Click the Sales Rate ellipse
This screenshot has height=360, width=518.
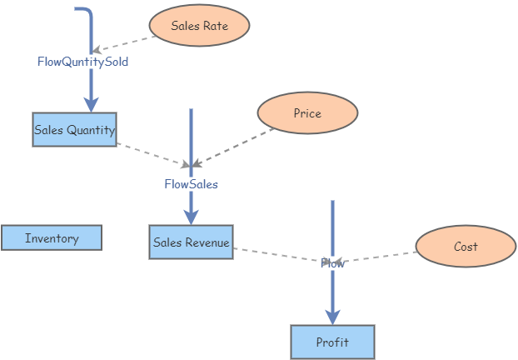[199, 26]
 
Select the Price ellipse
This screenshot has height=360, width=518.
[307, 113]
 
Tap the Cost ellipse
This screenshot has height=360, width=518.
[466, 247]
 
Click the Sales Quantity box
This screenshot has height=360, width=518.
[74, 130]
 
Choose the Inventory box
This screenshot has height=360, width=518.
[52, 238]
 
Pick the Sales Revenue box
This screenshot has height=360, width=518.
[191, 242]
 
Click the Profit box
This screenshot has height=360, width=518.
[332, 342]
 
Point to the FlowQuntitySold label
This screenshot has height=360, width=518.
[82, 62]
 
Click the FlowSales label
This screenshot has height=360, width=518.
[191, 184]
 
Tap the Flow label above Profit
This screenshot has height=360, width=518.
[332, 263]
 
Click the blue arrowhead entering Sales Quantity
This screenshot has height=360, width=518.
[91, 104]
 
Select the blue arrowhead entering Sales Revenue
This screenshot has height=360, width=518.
[191, 217]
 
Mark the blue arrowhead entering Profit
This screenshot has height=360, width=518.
[332, 317]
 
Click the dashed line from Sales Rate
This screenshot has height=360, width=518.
[125, 42]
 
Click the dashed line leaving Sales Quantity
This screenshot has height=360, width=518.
[150, 153]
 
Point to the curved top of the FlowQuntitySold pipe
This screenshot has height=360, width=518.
[86, 12]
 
